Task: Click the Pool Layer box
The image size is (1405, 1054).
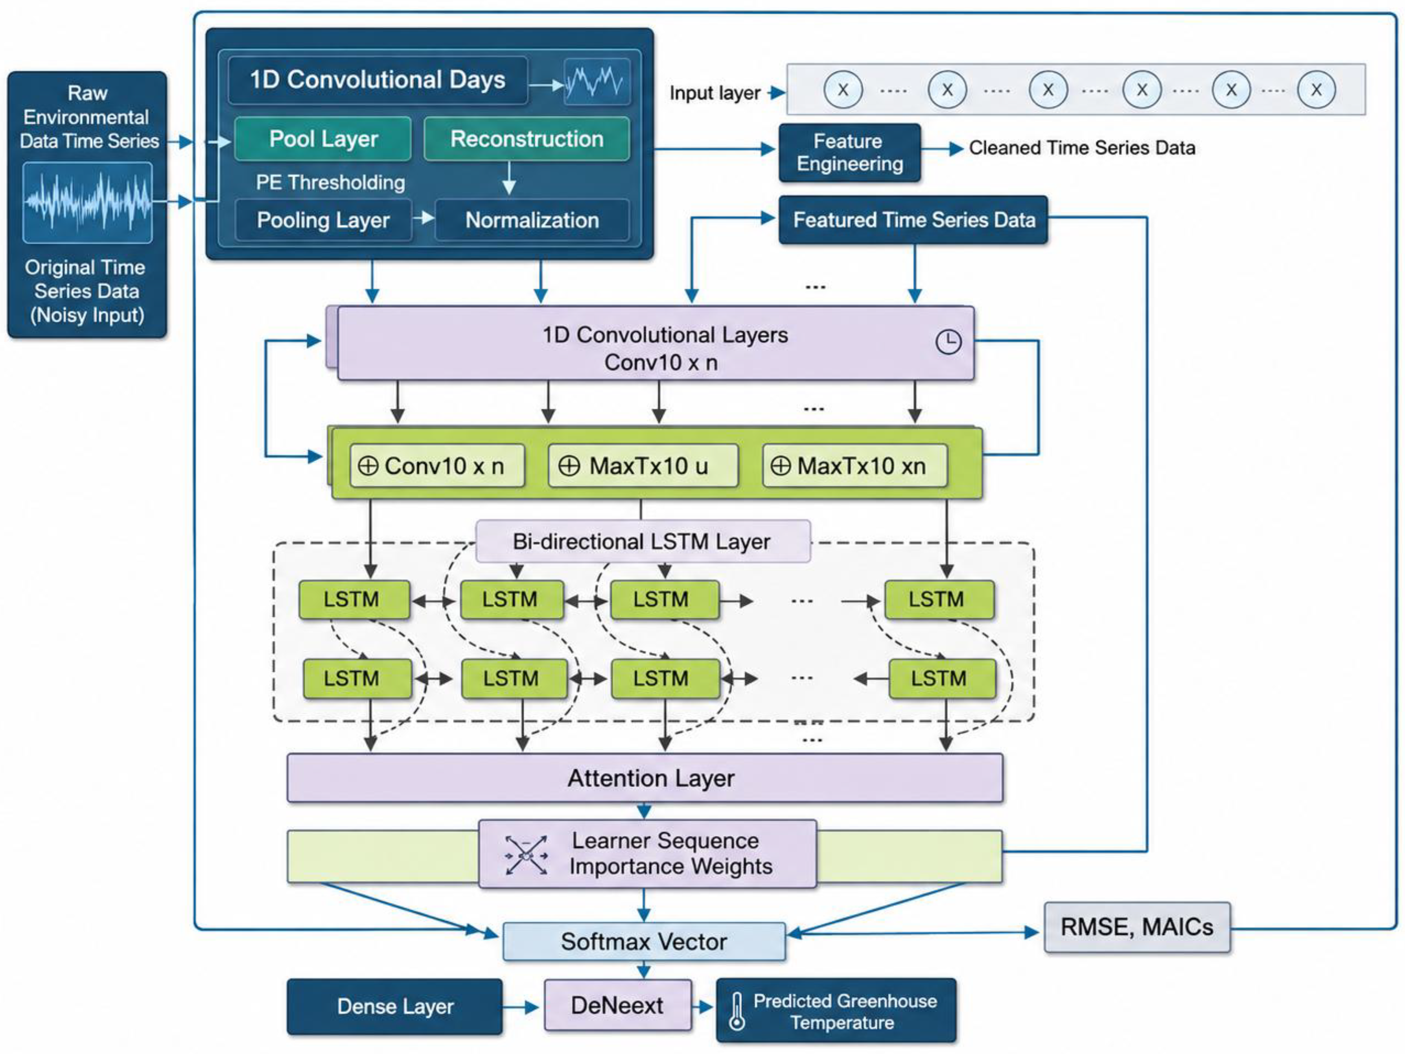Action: [x=323, y=138]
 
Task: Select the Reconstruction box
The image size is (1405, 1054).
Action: [x=527, y=138]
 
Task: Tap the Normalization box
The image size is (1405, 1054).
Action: [x=532, y=220]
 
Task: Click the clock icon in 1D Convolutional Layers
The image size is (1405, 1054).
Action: [x=948, y=342]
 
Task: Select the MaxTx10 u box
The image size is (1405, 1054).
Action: [x=643, y=466]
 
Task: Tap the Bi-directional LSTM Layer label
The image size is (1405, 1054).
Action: [x=643, y=541]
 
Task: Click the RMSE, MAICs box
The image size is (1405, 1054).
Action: [x=1137, y=927]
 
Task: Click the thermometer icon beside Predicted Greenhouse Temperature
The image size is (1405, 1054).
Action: [x=737, y=1011]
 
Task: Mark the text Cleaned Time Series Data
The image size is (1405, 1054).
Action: [x=1082, y=148]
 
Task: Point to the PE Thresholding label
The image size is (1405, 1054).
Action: [x=330, y=182]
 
